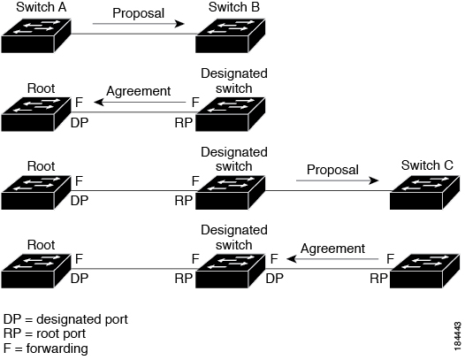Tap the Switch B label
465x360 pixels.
pos(234,7)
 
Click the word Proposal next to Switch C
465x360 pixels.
pos(332,169)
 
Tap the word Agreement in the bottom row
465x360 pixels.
pos(332,249)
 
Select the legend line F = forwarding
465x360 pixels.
pos(46,349)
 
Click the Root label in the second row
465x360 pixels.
pos(42,88)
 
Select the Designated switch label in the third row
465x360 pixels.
pos(234,159)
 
